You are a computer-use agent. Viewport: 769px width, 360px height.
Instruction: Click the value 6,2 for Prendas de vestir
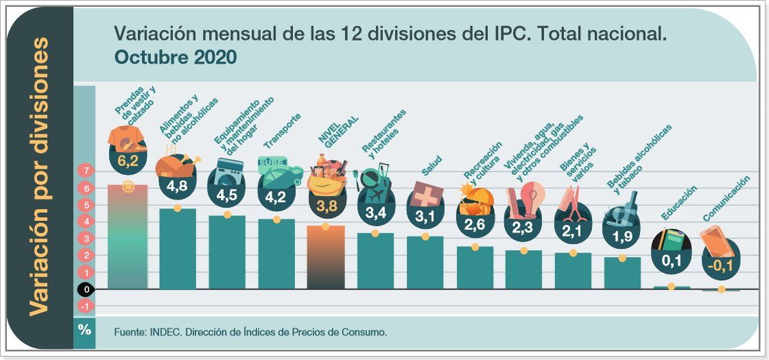tap(128, 162)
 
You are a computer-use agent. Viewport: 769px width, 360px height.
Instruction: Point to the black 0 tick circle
tap(84, 289)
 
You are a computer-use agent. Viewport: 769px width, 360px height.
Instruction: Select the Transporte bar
tap(276, 254)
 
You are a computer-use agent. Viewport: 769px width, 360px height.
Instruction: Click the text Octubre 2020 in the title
tap(176, 58)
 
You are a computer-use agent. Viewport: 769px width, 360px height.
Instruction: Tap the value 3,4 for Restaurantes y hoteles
tap(375, 213)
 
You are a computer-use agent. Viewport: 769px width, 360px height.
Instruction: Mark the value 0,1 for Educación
tap(670, 261)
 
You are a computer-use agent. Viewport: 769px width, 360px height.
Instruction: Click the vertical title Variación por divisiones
tap(40, 176)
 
